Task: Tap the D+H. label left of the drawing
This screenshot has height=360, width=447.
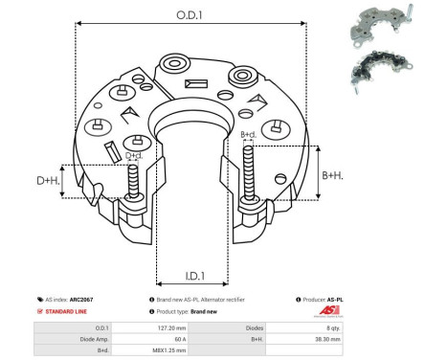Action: [x=47, y=180]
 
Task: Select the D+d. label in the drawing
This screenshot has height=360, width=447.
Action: [x=134, y=155]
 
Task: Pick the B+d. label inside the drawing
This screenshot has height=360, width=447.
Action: [x=248, y=134]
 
